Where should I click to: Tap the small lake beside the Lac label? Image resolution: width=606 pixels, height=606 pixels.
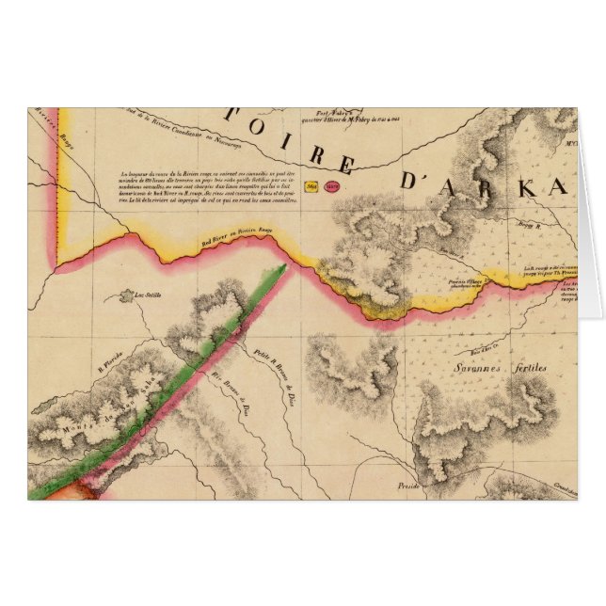pyautogui.click(x=121, y=298)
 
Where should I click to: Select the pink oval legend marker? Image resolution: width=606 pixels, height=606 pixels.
pyautogui.click(x=331, y=186)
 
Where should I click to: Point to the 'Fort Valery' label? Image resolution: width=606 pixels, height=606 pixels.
pyautogui.click(x=334, y=111)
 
